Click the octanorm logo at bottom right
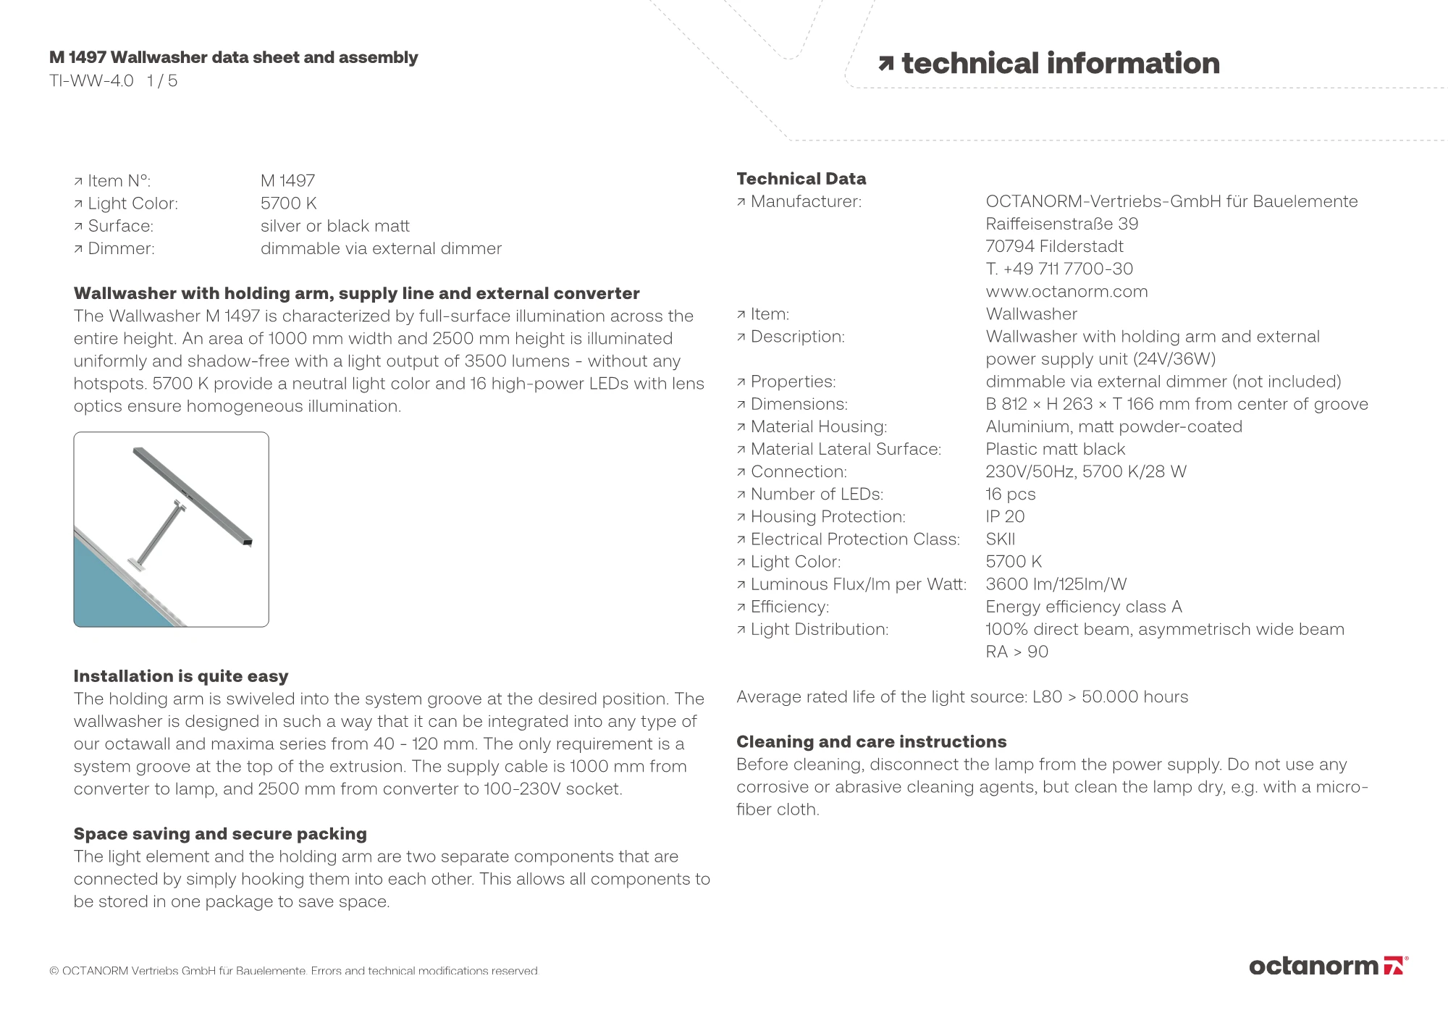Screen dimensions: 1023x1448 point(1328,966)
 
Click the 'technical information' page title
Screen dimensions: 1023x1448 point(1060,64)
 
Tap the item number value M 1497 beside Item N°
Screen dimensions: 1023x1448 point(287,181)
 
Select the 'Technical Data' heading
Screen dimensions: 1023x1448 point(801,179)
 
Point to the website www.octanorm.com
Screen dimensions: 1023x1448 point(1066,292)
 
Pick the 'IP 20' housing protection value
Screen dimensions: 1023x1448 point(1005,517)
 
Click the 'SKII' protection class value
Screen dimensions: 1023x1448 point(1000,539)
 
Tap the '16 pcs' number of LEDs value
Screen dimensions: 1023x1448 point(1010,494)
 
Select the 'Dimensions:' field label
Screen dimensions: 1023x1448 point(799,404)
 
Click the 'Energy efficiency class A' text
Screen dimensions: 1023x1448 point(1083,607)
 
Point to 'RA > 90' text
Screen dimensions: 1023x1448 point(1016,652)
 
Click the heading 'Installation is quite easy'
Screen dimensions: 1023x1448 point(181,676)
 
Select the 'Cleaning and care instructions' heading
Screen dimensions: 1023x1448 point(871,742)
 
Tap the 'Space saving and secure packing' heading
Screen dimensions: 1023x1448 point(220,834)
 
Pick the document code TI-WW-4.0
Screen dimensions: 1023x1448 point(91,81)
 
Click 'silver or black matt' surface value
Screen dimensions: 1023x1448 point(334,226)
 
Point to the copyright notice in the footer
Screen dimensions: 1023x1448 point(294,971)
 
